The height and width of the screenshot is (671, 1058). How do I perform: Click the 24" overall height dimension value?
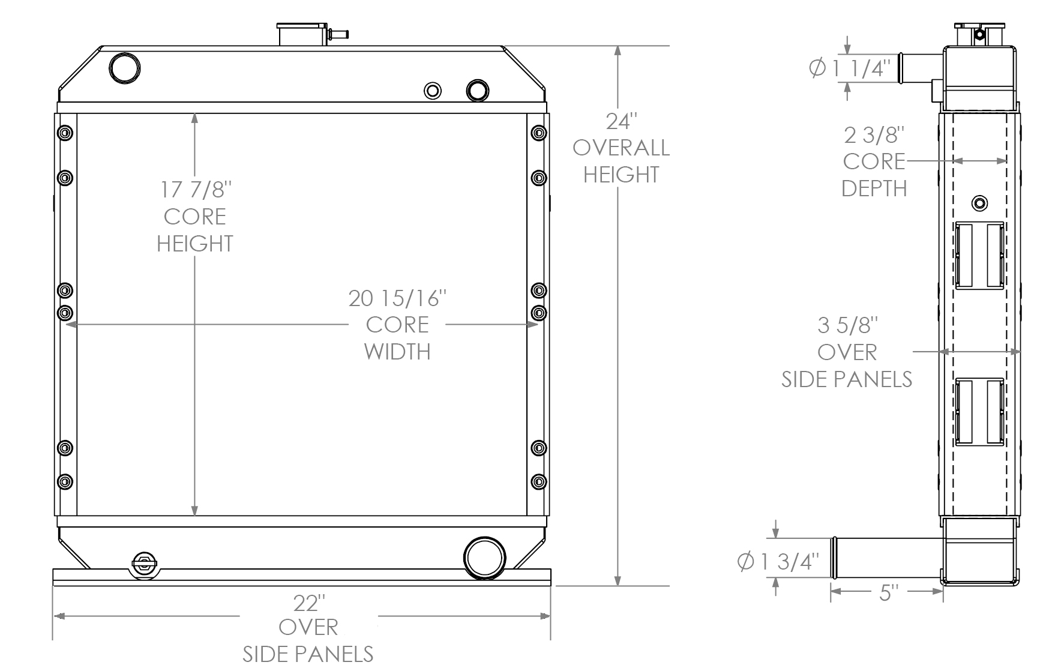pos(621,121)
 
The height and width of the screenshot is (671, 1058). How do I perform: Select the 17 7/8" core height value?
pos(195,190)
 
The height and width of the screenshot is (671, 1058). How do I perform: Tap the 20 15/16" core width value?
pos(397,298)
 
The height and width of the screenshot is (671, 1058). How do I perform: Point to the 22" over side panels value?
pos(308,603)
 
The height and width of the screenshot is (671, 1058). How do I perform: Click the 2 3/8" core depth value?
pos(874,135)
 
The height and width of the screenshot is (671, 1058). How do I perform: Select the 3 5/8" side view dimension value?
pos(847,326)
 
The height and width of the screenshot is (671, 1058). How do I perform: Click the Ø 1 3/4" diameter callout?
pos(778,562)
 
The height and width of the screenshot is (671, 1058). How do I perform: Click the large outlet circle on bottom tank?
pos(484,558)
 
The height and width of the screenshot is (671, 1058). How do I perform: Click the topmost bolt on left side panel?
pos(65,133)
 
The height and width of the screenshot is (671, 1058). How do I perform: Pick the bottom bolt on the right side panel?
pos(539,481)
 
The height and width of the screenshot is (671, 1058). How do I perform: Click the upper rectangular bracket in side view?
pos(979,254)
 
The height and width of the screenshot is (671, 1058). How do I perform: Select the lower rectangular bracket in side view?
pos(979,411)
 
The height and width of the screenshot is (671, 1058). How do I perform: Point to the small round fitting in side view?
pos(980,203)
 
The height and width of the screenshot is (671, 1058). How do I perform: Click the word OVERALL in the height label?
pos(621,148)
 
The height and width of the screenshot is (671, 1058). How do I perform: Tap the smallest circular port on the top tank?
pos(433,91)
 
